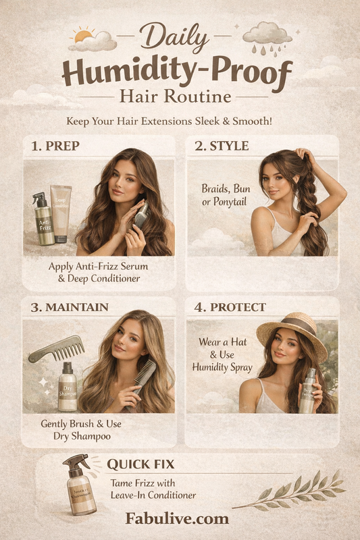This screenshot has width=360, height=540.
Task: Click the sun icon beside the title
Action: pyautogui.click(x=84, y=34)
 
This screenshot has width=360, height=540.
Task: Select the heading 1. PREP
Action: pyautogui.click(x=58, y=145)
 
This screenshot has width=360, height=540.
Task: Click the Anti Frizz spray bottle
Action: pyautogui.click(x=44, y=221)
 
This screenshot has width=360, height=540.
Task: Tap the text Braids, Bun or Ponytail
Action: pyautogui.click(x=226, y=195)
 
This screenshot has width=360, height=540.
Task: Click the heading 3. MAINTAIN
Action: pyautogui.click(x=68, y=307)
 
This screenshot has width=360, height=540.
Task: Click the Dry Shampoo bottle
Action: pyautogui.click(x=67, y=387)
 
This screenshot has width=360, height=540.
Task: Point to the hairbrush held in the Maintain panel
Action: pyautogui.click(x=143, y=377)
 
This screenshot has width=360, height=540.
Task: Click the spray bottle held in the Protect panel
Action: pyautogui.click(x=307, y=391)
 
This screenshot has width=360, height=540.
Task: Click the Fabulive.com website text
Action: pyautogui.click(x=177, y=518)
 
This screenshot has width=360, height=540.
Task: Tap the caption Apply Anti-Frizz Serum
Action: pyautogui.click(x=98, y=266)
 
